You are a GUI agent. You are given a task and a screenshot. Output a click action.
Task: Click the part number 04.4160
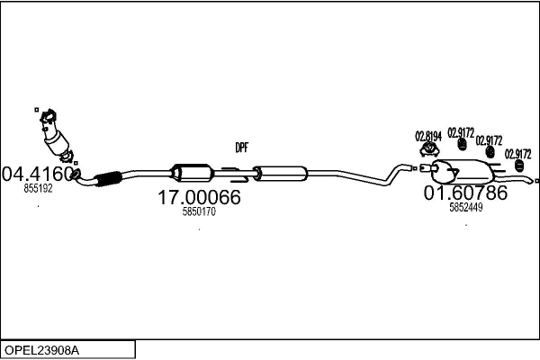[38, 172]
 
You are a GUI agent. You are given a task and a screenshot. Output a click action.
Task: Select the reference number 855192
[38, 189]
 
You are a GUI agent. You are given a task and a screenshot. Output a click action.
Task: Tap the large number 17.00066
[199, 197]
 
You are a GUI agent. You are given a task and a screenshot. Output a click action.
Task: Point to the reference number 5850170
[199, 212]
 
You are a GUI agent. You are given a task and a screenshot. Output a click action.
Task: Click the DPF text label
[241, 148]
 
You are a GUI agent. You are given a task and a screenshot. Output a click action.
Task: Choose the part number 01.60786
[465, 193]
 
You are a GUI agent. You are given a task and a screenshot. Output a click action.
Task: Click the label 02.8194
[428, 137]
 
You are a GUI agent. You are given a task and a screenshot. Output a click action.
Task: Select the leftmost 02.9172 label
[461, 132]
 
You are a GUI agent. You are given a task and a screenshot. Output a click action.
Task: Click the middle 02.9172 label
[489, 140]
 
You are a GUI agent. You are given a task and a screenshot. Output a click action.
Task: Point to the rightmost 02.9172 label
[517, 154]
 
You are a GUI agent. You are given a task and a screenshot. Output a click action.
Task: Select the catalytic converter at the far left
[58, 139]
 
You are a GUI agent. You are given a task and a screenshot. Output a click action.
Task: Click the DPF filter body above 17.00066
[190, 172]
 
